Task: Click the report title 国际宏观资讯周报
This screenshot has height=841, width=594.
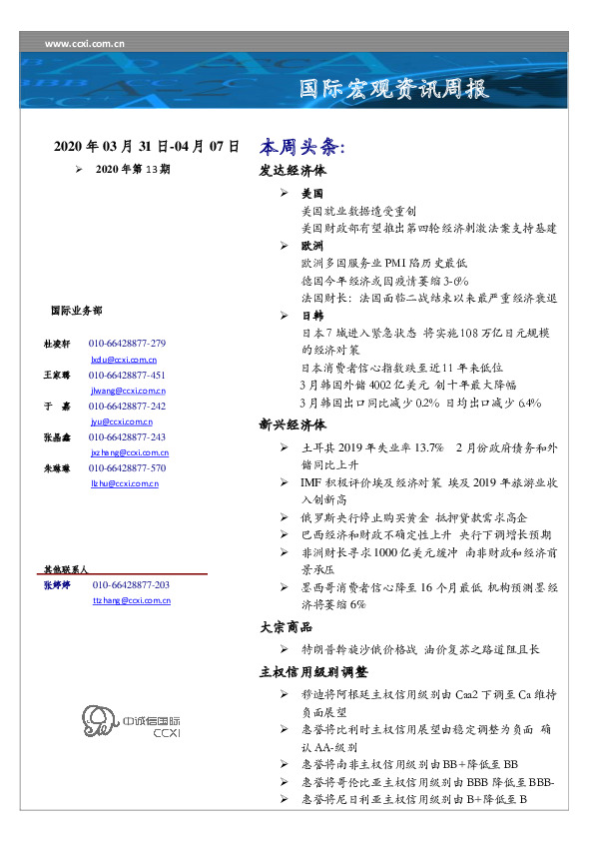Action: pos(395,90)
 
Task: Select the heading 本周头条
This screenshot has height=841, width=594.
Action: pos(301,146)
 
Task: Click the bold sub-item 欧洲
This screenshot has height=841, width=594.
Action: pos(312,244)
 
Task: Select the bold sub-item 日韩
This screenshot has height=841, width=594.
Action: pos(312,315)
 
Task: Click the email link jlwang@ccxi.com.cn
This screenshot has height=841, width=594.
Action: pos(128,391)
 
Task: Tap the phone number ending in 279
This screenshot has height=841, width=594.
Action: pos(127,343)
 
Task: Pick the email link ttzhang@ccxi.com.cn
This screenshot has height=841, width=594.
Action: pos(131,601)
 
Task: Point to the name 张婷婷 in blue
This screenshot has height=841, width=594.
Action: pos(56,585)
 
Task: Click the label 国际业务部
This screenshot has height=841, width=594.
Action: pos(75,311)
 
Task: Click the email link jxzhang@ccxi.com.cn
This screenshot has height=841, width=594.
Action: pos(129,452)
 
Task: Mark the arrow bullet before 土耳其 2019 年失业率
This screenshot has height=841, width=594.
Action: pos(286,447)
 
